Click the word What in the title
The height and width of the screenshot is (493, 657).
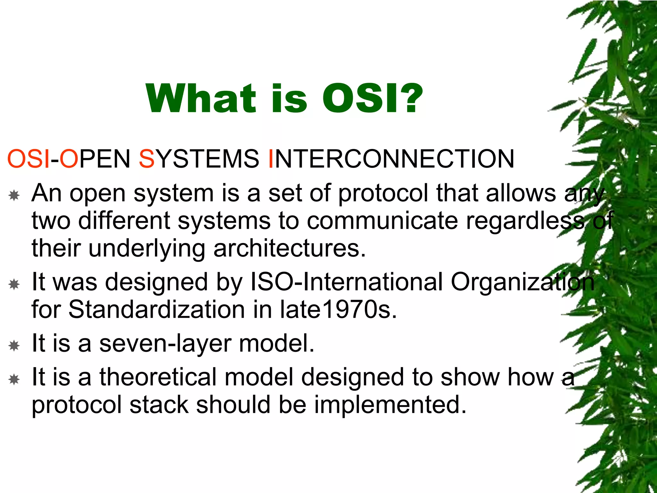point(201,98)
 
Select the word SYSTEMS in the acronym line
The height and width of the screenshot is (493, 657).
point(199,159)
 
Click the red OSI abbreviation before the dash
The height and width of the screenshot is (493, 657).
point(29,159)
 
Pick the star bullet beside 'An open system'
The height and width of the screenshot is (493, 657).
point(14,195)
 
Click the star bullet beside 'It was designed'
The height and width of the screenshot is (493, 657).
point(14,284)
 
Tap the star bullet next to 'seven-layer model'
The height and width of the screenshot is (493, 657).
point(14,346)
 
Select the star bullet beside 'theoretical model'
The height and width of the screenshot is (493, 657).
point(14,379)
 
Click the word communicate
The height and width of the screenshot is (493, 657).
point(382,221)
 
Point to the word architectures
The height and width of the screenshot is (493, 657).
point(289,248)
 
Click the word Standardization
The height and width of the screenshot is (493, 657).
point(157,309)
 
